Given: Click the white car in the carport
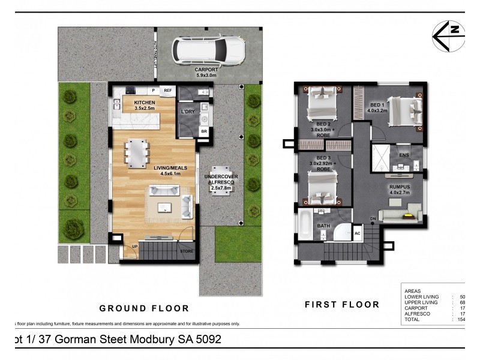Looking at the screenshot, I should pos(208,51).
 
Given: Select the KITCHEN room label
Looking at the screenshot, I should pos(144,103).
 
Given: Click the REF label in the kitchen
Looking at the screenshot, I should pos(168,90).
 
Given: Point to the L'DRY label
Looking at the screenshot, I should pos(188,113).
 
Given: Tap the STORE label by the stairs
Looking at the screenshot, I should pos(187,251).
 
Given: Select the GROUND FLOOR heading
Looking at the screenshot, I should pos(144,308).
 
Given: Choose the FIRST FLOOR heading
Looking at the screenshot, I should pos(342,304).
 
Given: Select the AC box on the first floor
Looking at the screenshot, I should pos(358,233).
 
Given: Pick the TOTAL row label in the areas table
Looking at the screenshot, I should pos(413,319).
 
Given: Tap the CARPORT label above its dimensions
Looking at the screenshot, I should pos(207,70).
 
